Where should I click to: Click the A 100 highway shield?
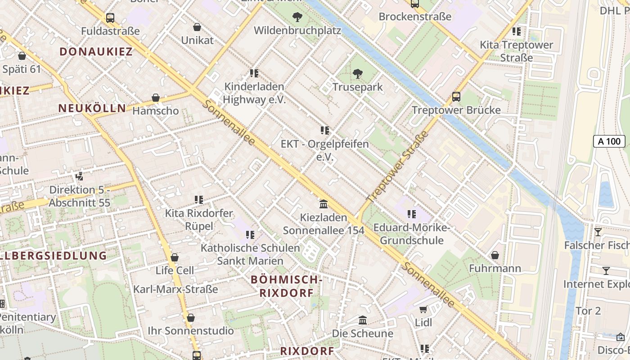coord(609,141)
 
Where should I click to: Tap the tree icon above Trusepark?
coord(358,73)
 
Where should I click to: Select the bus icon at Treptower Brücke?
coord(456,97)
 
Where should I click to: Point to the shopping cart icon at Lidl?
coord(423,309)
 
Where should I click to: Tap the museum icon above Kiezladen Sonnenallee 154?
coord(323,204)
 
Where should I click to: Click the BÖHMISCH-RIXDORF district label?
coord(286,286)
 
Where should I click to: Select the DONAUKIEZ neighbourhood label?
coord(96,51)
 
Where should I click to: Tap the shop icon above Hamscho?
coord(156,98)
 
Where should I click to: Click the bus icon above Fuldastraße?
coord(110,18)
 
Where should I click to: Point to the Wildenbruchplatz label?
coord(297,31)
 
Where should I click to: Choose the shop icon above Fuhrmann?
coord(495,255)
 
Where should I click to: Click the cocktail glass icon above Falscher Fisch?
coord(598,232)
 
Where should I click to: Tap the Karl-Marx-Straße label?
coord(175,289)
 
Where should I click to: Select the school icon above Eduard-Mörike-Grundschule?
coord(411,214)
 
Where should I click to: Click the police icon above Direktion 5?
coord(80,176)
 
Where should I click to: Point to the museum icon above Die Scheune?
coord(363,320)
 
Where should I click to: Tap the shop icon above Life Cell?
coord(175,257)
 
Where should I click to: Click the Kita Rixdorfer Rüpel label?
coord(199,219)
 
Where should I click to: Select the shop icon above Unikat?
coord(197,27)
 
